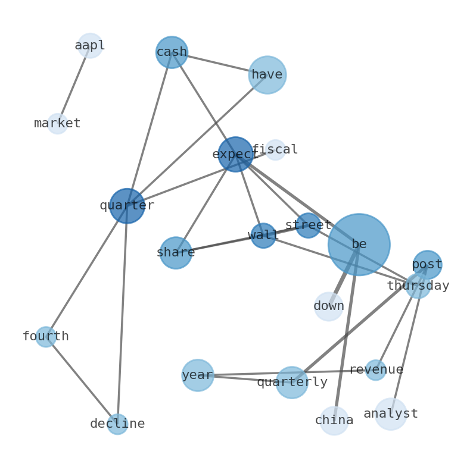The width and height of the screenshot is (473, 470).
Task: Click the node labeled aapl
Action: tap(90, 46)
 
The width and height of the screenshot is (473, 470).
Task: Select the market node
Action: tap(57, 124)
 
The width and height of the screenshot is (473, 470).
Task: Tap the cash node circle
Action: tap(172, 52)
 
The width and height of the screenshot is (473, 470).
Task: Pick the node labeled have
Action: tap(267, 75)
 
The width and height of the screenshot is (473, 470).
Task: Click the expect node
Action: tap(235, 154)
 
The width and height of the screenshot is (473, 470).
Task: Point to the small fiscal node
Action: tap(275, 150)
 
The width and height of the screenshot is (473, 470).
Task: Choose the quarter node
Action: tap(127, 206)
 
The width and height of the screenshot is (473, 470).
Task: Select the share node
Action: tap(176, 253)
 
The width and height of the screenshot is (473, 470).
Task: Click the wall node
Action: tap(263, 236)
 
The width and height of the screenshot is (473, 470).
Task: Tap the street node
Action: tap(308, 225)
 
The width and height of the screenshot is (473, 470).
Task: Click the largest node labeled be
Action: tap(359, 245)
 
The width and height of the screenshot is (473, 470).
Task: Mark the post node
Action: tap(427, 265)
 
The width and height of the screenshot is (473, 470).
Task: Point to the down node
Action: tap(329, 306)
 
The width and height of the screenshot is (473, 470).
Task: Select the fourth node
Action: tap(46, 337)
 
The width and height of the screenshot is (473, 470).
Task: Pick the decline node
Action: tap(117, 424)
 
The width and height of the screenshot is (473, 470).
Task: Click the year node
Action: tap(198, 375)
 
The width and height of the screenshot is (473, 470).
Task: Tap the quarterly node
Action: tap(292, 383)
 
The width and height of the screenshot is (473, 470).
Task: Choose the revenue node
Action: tap(376, 370)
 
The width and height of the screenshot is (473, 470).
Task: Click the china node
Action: tap(334, 421)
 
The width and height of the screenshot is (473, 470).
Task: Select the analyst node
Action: tap(391, 414)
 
